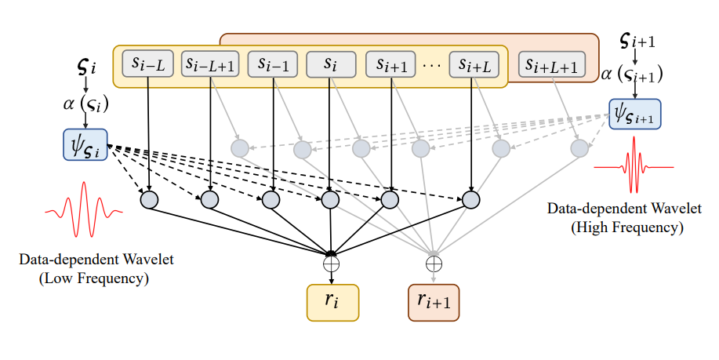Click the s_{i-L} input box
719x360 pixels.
(x=148, y=64)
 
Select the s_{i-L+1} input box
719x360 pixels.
(x=209, y=64)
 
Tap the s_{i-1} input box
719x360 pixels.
(x=270, y=64)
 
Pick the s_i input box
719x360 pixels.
(x=330, y=64)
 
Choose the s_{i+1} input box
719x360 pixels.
(x=390, y=64)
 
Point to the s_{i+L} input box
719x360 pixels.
(x=474, y=64)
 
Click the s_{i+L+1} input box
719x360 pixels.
(x=552, y=67)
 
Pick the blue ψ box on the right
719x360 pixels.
(x=634, y=115)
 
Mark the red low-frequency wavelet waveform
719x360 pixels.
(x=84, y=210)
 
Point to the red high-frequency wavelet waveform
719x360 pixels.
(x=634, y=166)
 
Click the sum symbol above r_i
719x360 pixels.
(x=332, y=264)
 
